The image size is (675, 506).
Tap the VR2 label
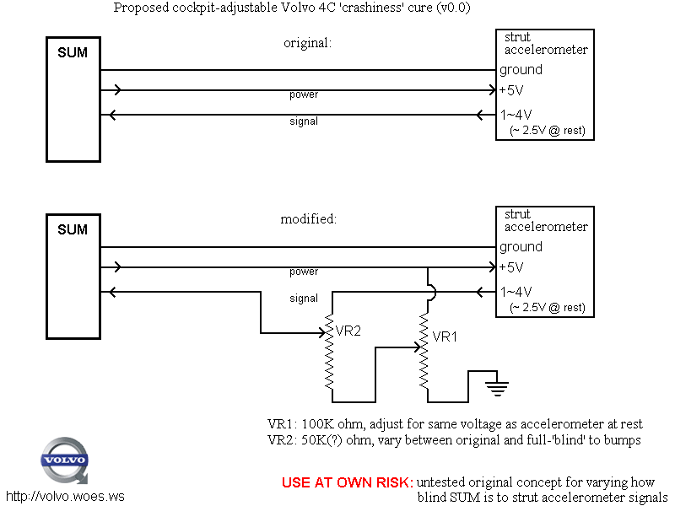348,331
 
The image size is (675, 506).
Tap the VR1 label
445,336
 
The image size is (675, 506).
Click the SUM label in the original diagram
72,53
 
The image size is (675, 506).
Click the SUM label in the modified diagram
72,230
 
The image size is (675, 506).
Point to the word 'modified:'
309,219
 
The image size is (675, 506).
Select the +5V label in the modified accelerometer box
512,268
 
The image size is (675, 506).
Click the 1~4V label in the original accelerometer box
516,115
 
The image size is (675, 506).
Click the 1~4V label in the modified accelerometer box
516,292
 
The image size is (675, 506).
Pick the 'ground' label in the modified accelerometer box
521,247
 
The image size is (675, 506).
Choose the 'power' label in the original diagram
304,94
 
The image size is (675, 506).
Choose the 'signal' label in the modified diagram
304,298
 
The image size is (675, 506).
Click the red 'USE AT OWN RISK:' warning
347,483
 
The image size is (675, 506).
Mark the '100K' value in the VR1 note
316,424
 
